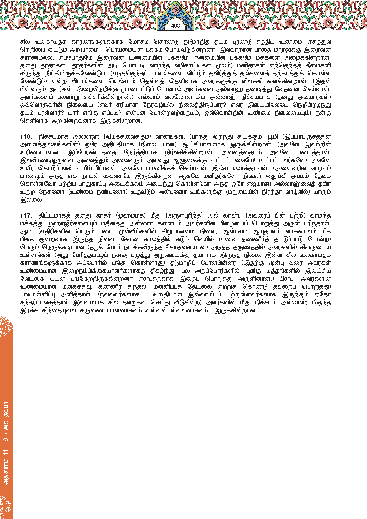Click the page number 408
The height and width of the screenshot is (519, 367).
pyautogui.click(x=175, y=26)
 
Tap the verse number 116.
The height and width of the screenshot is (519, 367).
pyautogui.click(x=26, y=137)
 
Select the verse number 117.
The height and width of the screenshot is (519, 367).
pyautogui.click(x=26, y=216)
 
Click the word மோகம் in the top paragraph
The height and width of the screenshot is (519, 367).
pyautogui.click(x=139, y=42)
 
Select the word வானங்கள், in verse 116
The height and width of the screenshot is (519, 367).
pyautogui.click(x=170, y=137)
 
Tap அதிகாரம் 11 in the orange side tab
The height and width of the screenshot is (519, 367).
pyautogui.click(x=6, y=463)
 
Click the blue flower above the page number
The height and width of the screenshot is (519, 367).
pyautogui.click(x=175, y=11)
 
